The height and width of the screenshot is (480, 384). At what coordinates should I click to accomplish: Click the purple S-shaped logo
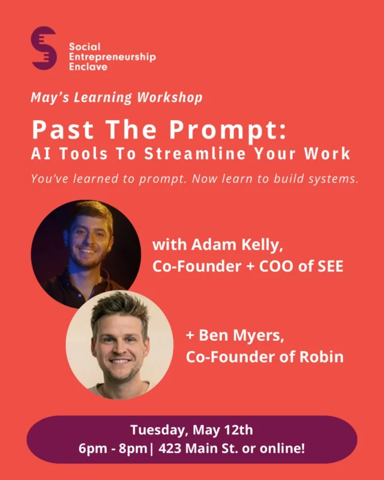(44, 48)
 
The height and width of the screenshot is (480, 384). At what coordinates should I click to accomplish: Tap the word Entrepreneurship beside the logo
(112, 57)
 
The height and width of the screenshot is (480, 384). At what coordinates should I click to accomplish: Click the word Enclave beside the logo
(88, 67)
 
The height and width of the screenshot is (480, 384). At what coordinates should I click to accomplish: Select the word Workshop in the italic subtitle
(170, 98)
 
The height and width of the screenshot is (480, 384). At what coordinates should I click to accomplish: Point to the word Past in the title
(63, 130)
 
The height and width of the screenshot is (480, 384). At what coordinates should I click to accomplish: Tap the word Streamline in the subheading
(195, 154)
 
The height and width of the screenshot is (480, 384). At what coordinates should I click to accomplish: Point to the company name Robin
(321, 357)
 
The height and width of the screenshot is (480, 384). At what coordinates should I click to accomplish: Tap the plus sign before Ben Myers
(190, 336)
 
